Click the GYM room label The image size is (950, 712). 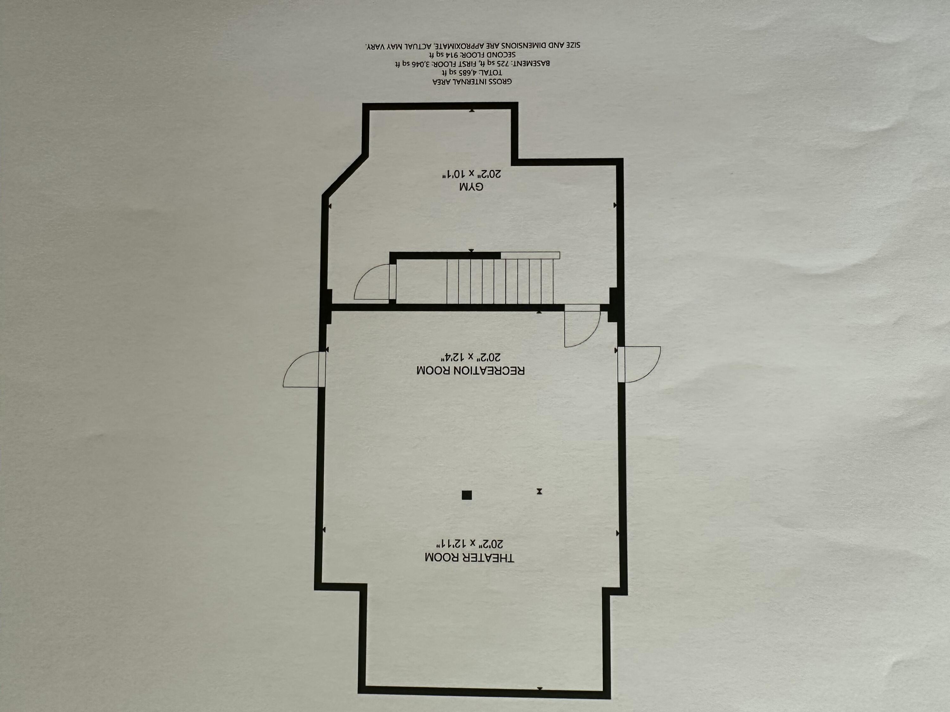pyautogui.click(x=472, y=187)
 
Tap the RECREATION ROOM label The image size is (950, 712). pyautogui.click(x=470, y=370)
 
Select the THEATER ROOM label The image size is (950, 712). pyautogui.click(x=469, y=558)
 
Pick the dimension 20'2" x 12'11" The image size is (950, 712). pyautogui.click(x=470, y=544)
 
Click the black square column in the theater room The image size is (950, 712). pyautogui.click(x=467, y=495)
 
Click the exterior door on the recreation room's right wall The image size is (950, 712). pyautogui.click(x=639, y=364)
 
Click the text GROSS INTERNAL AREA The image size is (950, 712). pyautogui.click(x=472, y=81)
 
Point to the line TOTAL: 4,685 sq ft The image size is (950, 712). pyautogui.click(x=472, y=72)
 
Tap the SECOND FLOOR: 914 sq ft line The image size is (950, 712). pyautogui.click(x=472, y=54)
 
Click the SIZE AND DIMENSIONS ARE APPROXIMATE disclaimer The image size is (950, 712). pyautogui.click(x=472, y=45)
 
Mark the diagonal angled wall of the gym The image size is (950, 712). pyautogui.click(x=345, y=175)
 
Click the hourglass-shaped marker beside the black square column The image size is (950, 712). pyautogui.click(x=539, y=491)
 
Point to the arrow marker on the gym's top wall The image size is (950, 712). pyautogui.click(x=472, y=110)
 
